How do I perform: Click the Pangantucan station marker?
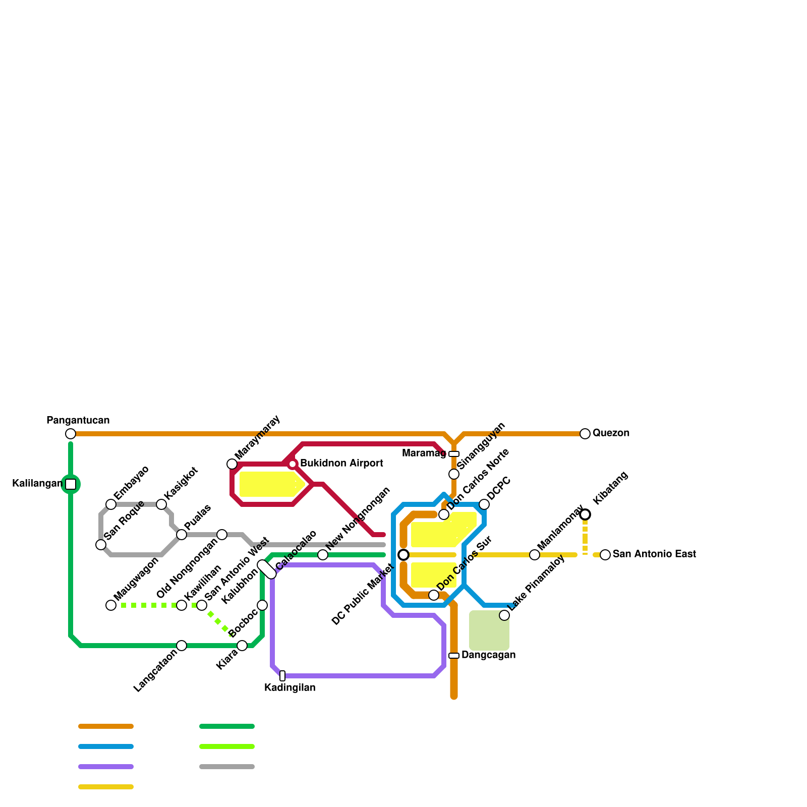(71, 434)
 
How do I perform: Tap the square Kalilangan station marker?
(71, 484)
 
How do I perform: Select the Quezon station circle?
(585, 434)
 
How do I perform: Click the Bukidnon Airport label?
(341, 464)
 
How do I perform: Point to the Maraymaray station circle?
(232, 464)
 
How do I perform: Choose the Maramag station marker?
(454, 454)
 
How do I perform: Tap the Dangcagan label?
(488, 655)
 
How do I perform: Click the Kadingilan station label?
(290, 687)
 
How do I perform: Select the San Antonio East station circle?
(605, 555)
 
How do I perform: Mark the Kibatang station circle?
(585, 514)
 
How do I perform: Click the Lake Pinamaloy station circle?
(504, 615)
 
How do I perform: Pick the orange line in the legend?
(106, 726)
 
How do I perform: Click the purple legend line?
(106, 767)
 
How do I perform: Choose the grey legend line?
(227, 767)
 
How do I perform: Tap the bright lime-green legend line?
(227, 746)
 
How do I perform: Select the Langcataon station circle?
(182, 646)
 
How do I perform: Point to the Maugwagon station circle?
(111, 605)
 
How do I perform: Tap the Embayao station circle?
(111, 504)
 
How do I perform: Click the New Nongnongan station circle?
(323, 555)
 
